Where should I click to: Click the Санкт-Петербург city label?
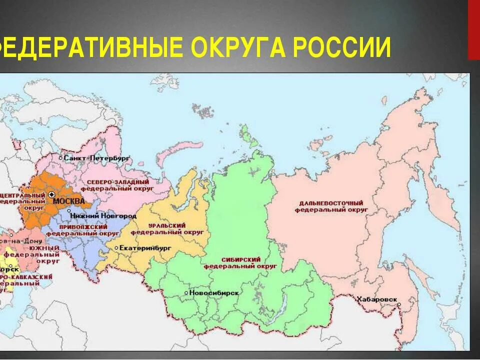click(96, 157)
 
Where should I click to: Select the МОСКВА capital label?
click(68, 201)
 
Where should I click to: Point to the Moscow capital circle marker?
click(52, 194)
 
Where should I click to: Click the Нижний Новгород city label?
click(103, 216)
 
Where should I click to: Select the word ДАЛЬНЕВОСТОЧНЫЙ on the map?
click(331, 203)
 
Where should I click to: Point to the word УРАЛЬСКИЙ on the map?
click(170, 226)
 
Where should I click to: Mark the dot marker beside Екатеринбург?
click(116, 247)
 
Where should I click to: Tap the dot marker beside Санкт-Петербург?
click(61, 157)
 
